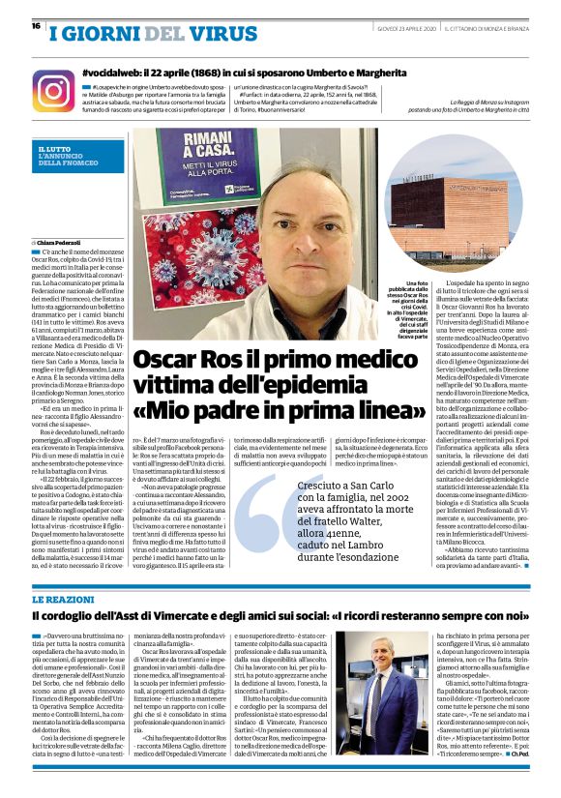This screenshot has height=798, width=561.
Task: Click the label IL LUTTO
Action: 54,149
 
